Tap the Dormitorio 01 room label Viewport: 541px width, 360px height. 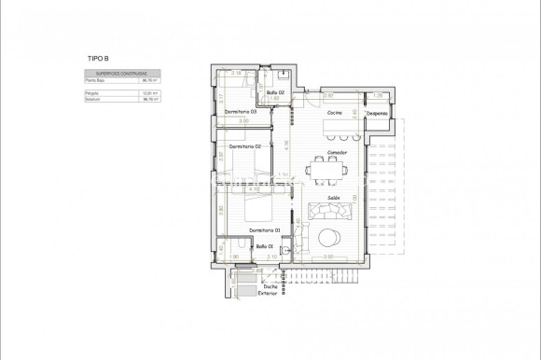[x=266, y=230]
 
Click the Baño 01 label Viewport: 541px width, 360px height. [x=264, y=246]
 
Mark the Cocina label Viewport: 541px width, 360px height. [x=334, y=113]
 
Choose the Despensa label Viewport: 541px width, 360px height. [x=377, y=113]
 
